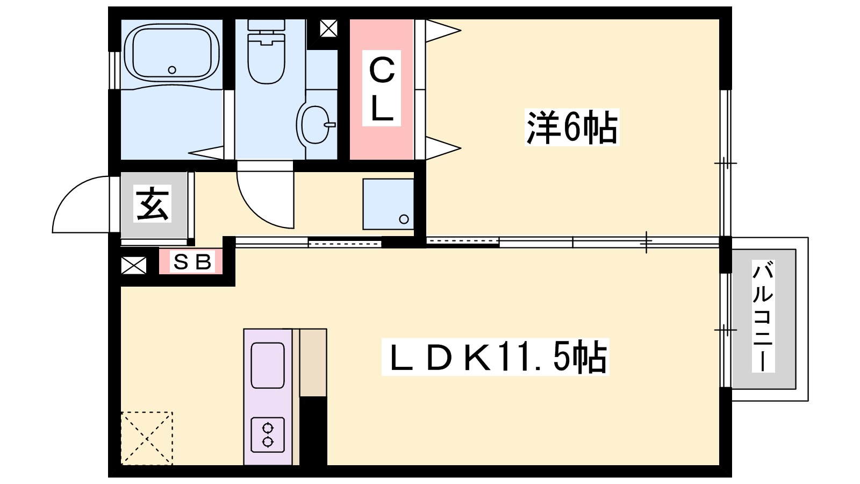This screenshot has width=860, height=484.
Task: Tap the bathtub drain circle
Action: [x=172, y=69]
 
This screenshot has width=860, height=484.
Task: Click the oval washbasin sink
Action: [x=315, y=124]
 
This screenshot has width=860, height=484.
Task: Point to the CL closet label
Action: [x=382, y=89]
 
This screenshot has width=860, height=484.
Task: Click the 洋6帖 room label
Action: [x=571, y=127]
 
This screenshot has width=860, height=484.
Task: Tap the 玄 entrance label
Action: [x=153, y=204]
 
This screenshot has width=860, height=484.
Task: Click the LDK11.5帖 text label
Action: [x=494, y=357]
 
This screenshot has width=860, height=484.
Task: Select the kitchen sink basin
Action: [x=268, y=365]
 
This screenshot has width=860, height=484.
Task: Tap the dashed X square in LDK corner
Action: [x=147, y=438]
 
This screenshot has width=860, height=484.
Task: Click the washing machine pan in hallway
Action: [x=388, y=204]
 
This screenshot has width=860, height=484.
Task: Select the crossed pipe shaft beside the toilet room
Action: [x=328, y=28]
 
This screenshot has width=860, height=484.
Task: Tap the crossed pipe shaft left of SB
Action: [x=134, y=265]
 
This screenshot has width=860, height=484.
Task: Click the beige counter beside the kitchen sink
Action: [x=312, y=363]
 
